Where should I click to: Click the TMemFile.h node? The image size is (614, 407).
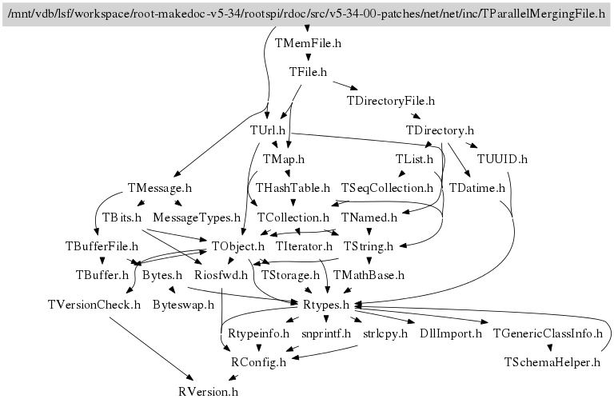coord(308,43)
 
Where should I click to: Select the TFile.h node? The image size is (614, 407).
coord(308,72)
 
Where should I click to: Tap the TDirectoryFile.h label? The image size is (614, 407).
coord(390,101)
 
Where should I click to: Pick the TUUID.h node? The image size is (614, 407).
coord(502,158)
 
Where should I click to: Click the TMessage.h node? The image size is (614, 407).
coord(160,188)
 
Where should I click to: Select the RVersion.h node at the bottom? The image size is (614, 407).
coord(208,392)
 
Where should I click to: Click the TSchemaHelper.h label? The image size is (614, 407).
coord(552,362)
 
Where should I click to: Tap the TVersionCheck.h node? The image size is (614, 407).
coord(94,304)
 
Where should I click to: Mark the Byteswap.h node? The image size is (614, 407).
coord(183,304)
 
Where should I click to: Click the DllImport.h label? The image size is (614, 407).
coord(450,333)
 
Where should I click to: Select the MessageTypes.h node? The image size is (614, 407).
coord(197,217)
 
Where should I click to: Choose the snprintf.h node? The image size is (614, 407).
coord(326,333)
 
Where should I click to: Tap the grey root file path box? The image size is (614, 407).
coord(307,14)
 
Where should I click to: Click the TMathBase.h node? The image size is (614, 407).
coord(369,275)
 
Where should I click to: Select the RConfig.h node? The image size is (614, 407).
coord(258,362)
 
